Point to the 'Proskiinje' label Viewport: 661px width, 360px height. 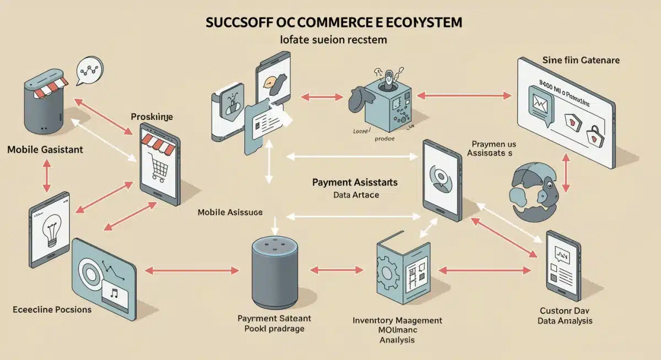coord(152,117)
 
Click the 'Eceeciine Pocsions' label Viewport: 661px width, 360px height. coord(52,309)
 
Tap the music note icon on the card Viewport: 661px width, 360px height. coord(115,293)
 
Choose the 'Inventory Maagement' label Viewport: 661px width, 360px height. coord(397,320)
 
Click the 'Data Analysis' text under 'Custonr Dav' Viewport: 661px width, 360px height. coord(565,321)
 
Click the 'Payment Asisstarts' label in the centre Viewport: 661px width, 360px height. coord(355,182)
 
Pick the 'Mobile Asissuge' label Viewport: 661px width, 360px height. coord(230,212)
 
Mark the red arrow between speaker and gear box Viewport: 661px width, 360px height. coord(338,270)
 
